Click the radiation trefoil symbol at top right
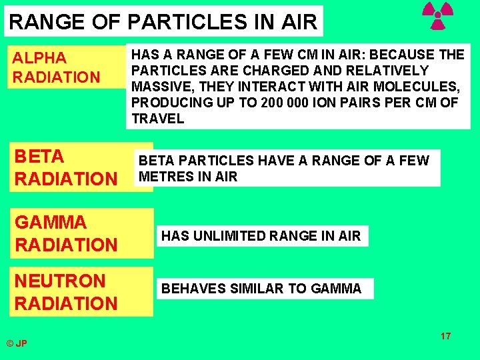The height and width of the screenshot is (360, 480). (x=438, y=16)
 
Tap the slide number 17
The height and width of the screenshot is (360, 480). (x=445, y=335)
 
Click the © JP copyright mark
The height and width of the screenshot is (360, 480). (x=17, y=343)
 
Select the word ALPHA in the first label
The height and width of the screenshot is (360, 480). (x=40, y=58)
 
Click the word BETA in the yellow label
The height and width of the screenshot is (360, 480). (x=39, y=157)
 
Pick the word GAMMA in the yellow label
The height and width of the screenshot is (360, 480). (x=51, y=222)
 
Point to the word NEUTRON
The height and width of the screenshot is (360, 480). (x=60, y=281)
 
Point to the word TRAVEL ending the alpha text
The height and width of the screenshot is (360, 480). (x=157, y=119)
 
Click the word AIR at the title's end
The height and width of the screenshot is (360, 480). (x=299, y=22)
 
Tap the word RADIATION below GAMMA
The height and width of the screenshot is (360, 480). (x=66, y=245)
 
